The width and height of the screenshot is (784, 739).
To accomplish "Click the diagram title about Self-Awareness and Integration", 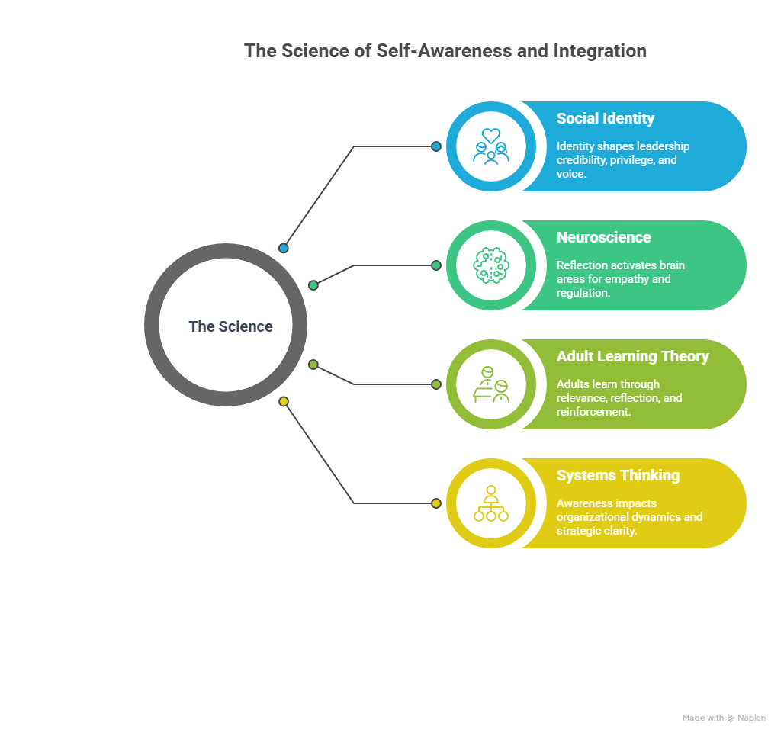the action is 445,51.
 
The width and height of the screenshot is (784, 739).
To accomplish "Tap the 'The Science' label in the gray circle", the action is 230,326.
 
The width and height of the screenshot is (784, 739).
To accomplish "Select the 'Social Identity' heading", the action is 606,118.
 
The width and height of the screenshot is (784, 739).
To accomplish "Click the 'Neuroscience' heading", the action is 603,237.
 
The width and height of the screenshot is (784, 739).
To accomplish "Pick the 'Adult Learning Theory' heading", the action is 632,356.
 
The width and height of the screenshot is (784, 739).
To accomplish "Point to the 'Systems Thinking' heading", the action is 618,475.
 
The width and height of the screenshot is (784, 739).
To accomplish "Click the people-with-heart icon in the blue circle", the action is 491,146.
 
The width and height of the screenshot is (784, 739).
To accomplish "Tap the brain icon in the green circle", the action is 491,265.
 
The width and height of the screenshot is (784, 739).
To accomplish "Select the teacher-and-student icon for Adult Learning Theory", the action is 491,384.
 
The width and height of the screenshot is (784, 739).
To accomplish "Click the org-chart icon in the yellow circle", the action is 491,503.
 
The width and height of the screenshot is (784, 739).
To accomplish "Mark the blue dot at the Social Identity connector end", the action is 436,146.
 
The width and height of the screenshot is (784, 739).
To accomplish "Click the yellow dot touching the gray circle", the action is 284,401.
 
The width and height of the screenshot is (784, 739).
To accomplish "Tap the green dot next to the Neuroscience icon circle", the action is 436,265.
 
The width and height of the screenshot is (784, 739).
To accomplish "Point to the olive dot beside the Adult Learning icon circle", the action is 436,384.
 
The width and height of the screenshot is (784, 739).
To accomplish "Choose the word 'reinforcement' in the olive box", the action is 593,412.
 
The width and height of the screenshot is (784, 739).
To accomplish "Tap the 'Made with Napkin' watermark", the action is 724,718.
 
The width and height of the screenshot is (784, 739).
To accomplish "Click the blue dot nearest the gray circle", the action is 284,248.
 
